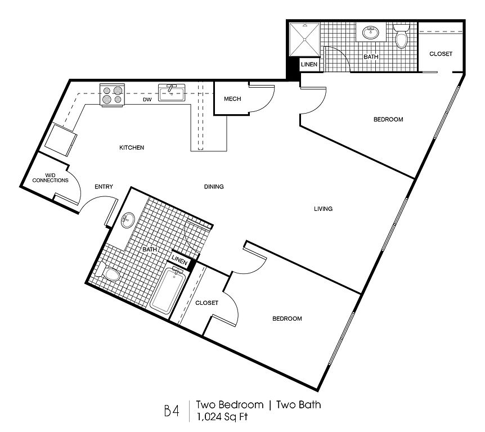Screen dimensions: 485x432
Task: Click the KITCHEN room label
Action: [132, 147]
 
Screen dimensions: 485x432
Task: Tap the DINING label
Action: [214, 186]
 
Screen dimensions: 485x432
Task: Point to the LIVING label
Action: [323, 209]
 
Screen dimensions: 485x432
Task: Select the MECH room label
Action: [232, 99]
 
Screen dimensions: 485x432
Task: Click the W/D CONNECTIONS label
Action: [51, 178]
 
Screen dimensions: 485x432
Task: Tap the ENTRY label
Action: [104, 186]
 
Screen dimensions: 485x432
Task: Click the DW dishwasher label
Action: [147, 100]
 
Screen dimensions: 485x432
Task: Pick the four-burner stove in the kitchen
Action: [112, 95]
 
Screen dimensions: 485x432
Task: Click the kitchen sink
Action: [172, 92]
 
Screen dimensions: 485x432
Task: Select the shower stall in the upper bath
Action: [304, 39]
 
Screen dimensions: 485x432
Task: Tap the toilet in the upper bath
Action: [402, 36]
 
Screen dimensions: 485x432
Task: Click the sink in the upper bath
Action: [371, 33]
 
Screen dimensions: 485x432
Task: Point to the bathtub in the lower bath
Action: [168, 290]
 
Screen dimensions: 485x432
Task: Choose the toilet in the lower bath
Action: [107, 272]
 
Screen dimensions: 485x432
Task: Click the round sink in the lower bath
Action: [128, 220]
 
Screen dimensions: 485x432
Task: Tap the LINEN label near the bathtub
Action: [179, 260]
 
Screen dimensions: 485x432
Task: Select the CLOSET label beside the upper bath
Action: [441, 54]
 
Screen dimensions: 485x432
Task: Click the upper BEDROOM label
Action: [388, 119]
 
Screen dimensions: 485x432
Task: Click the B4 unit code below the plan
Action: [172, 411]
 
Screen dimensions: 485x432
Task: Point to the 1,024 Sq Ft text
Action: [222, 417]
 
